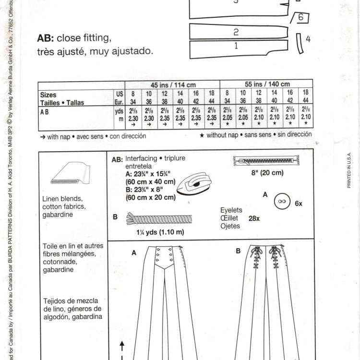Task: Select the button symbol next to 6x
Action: tap(282, 202)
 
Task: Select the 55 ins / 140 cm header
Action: tap(266, 84)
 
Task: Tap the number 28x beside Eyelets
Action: tap(254, 218)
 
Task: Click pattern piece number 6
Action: tap(301, 18)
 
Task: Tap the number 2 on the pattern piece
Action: tap(236, 32)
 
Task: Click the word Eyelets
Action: tap(231, 210)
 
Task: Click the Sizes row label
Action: tap(48, 95)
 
